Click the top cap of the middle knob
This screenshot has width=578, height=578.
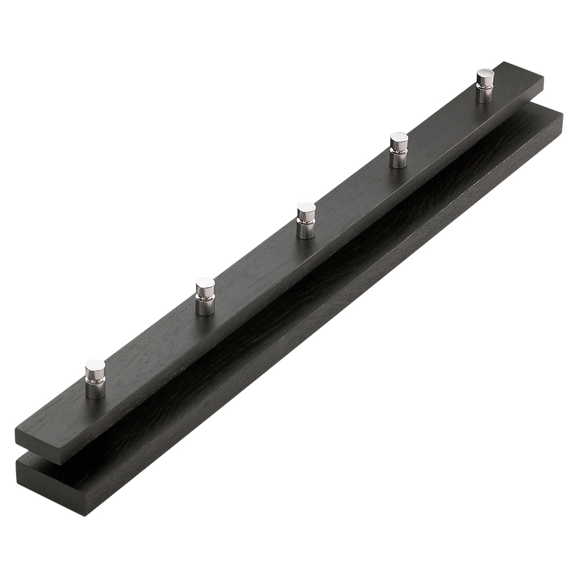[306, 209]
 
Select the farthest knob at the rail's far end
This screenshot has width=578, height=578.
[485, 86]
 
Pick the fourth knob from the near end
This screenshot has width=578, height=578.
[399, 150]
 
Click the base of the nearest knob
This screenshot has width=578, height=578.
[95, 393]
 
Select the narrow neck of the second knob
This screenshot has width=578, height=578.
[205, 297]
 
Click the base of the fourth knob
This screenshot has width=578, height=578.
[398, 162]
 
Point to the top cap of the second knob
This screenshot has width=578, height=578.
[205, 284]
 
